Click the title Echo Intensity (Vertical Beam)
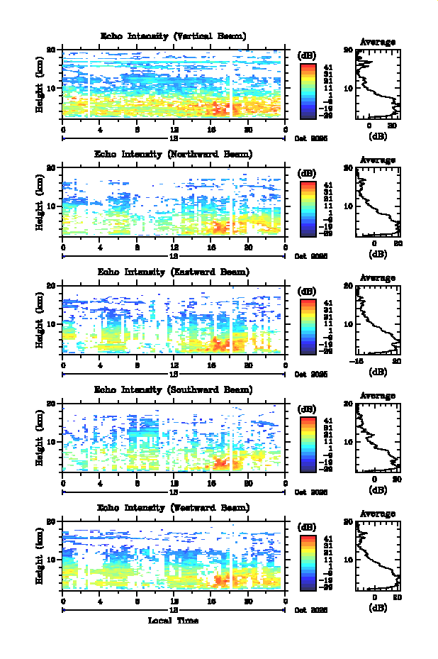[174, 36]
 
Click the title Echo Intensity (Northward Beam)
[174, 154]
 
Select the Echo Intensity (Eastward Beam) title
[174, 272]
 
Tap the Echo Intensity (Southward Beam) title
[174, 389]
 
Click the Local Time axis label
[173, 621]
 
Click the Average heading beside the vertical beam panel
[378, 43]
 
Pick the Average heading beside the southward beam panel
[378, 396]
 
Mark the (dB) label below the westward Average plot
[378, 607]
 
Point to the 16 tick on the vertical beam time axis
[211, 129]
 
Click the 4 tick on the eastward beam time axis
[100, 365]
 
